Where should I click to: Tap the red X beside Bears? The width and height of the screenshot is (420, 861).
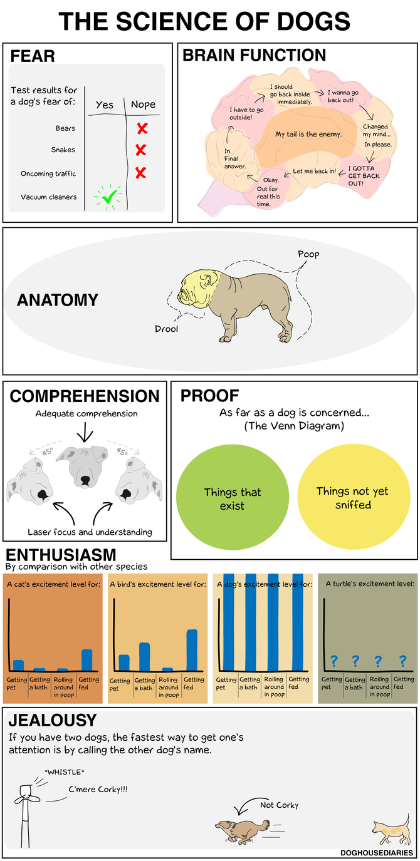click(142, 128)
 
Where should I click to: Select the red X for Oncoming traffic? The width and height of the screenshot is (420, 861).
click(141, 173)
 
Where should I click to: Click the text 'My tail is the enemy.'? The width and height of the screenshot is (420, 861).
click(308, 134)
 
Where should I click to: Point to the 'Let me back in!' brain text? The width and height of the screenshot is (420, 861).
click(314, 171)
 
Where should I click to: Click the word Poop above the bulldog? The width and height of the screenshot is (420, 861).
click(308, 254)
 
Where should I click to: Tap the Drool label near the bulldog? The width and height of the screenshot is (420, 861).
click(166, 329)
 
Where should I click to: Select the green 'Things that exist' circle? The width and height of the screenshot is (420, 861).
click(233, 497)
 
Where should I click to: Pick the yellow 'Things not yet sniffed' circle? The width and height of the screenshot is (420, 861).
click(354, 497)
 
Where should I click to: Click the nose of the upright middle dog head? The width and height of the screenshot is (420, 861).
click(85, 481)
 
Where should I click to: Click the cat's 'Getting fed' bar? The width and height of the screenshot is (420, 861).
click(87, 660)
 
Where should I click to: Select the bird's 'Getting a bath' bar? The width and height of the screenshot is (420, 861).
click(144, 656)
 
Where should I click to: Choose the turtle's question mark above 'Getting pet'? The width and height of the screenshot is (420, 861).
click(334, 661)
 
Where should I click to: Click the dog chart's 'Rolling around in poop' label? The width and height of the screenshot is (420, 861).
click(274, 686)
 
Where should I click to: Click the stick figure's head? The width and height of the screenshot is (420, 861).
click(26, 791)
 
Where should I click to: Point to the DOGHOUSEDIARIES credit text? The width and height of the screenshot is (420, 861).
click(376, 852)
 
